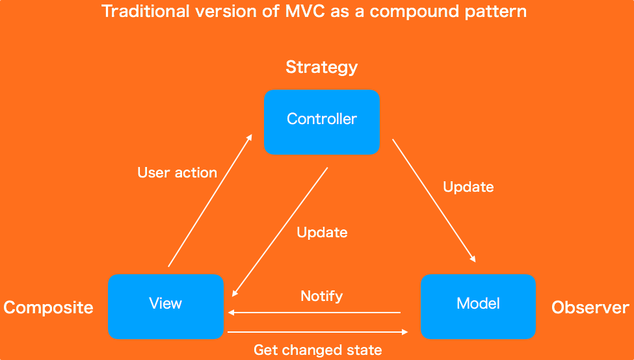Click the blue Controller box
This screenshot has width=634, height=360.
click(x=321, y=122)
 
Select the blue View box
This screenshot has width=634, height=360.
click(x=165, y=306)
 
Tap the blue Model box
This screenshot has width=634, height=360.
click(x=478, y=306)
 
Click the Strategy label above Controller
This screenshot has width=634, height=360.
click(x=321, y=67)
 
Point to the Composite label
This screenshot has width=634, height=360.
click(x=48, y=307)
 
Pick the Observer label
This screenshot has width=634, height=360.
click(x=590, y=307)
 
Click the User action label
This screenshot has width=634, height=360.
click(x=177, y=173)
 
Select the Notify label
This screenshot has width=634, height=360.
click(x=321, y=296)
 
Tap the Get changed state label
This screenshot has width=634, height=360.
click(x=317, y=350)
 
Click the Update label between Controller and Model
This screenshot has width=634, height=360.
click(x=468, y=187)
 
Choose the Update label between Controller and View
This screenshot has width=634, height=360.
click(x=322, y=233)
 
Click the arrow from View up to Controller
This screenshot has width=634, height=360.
click(x=209, y=201)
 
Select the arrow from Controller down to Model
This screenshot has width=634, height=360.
click(x=434, y=201)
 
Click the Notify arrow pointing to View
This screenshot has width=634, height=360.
click(x=314, y=313)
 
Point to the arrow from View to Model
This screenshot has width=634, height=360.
click(x=317, y=332)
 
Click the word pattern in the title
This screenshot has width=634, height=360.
click(x=500, y=12)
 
